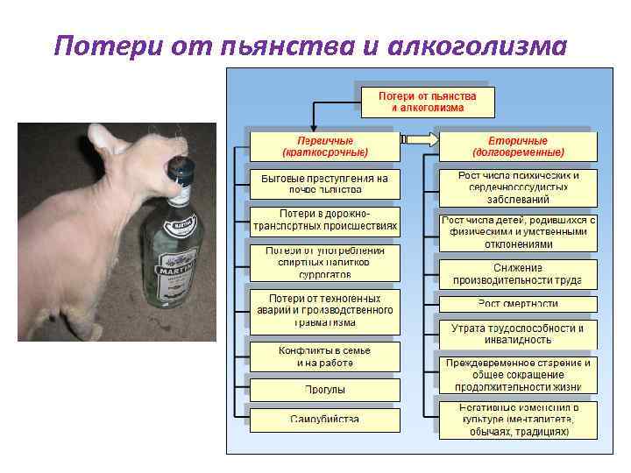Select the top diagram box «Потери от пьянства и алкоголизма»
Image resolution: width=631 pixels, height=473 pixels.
tap(426, 102)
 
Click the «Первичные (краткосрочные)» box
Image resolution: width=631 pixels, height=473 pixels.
tap(324, 145)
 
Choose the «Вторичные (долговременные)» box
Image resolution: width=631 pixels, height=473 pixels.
tap(517, 145)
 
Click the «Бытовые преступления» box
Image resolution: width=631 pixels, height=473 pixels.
tap(324, 183)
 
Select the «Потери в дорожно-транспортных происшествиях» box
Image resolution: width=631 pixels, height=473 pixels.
tap(324, 220)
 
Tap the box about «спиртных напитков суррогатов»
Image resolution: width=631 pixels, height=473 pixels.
tap(324, 262)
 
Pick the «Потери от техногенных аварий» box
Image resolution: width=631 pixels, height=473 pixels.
tap(324, 310)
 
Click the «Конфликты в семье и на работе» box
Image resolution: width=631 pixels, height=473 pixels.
tap(324, 356)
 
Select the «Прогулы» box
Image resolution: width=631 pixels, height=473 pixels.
tap(324, 389)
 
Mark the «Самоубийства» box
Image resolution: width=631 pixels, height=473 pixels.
tap(324, 419)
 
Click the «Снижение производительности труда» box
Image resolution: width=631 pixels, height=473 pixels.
tap(517, 274)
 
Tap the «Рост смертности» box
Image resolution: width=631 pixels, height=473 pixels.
tap(517, 304)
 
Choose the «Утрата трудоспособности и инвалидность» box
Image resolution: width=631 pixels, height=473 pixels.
tap(517, 333)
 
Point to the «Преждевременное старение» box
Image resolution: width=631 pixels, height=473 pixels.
tap(517, 374)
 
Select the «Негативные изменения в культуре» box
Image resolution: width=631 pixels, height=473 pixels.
tap(517, 420)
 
